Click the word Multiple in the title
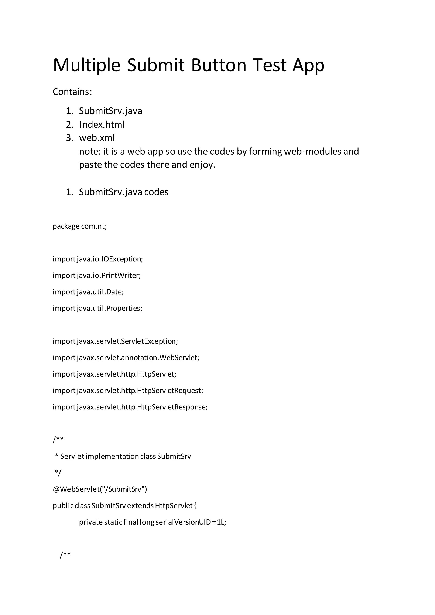[86, 65]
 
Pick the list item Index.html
[102, 125]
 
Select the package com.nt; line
[80, 226]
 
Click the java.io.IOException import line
[98, 259]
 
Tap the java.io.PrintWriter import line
[97, 275]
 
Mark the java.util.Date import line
[88, 292]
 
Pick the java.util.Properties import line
[97, 308]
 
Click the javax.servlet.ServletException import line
[115, 341]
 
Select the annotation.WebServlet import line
[126, 358]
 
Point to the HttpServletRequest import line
[128, 391]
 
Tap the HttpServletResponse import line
[130, 407]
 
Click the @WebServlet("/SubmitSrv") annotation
[100, 489]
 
